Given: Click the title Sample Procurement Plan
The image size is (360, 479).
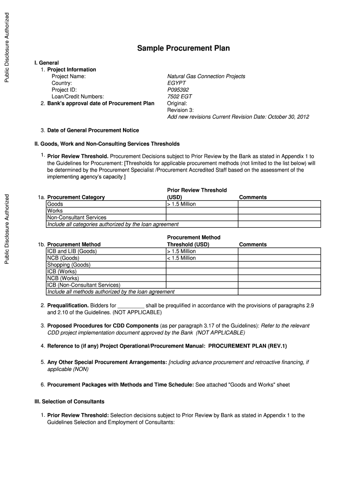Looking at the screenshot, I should tap(183, 49).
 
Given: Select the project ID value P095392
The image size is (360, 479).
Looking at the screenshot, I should tap(178, 90).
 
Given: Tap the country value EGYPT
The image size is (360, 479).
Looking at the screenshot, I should tap(177, 83).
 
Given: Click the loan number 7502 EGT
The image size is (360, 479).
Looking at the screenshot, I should tap(180, 97).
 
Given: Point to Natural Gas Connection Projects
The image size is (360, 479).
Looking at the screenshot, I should tap(206, 76).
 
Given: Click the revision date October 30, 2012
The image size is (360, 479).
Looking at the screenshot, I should tap(288, 117).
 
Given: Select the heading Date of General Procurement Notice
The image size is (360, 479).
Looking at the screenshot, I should tap(93, 131).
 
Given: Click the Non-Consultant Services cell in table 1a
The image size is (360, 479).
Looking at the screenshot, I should tap(77, 218).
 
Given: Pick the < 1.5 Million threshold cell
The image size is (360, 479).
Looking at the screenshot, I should tap(181, 258).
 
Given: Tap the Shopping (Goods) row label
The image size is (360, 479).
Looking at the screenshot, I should tap(69, 265).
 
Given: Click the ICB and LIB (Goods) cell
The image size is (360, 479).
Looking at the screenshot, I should tap(72, 251).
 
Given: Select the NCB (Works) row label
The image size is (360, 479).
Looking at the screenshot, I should tap(63, 278).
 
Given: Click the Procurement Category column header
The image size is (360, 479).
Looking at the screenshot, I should tap(76, 197).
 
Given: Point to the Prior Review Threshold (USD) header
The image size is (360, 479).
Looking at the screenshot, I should tap(197, 194).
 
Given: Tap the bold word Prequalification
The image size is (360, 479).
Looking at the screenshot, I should tap(68, 305).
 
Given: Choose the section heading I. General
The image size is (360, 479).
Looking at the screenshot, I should tap(47, 63).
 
